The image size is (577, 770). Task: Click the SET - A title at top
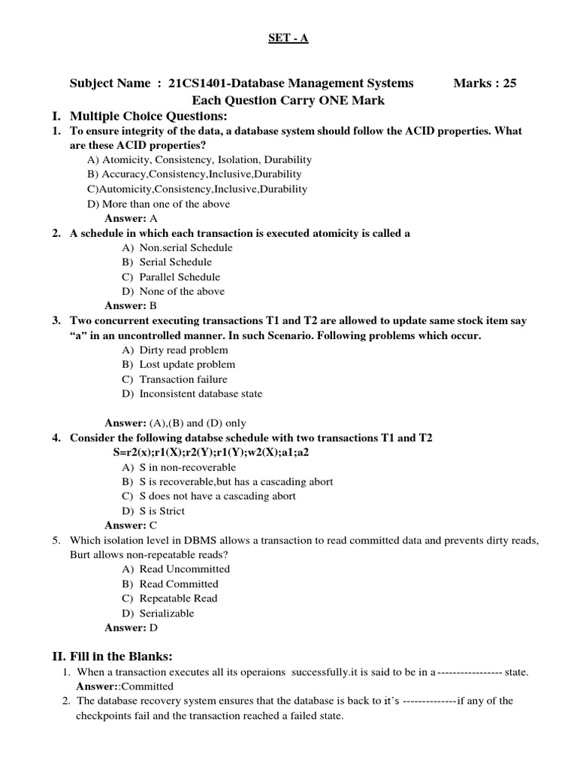[x=288, y=38]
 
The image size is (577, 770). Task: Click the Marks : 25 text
[x=485, y=83]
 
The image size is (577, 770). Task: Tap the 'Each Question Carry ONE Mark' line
[x=288, y=100]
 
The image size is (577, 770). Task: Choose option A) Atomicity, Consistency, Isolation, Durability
[x=199, y=160]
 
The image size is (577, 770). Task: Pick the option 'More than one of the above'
[x=159, y=204]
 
